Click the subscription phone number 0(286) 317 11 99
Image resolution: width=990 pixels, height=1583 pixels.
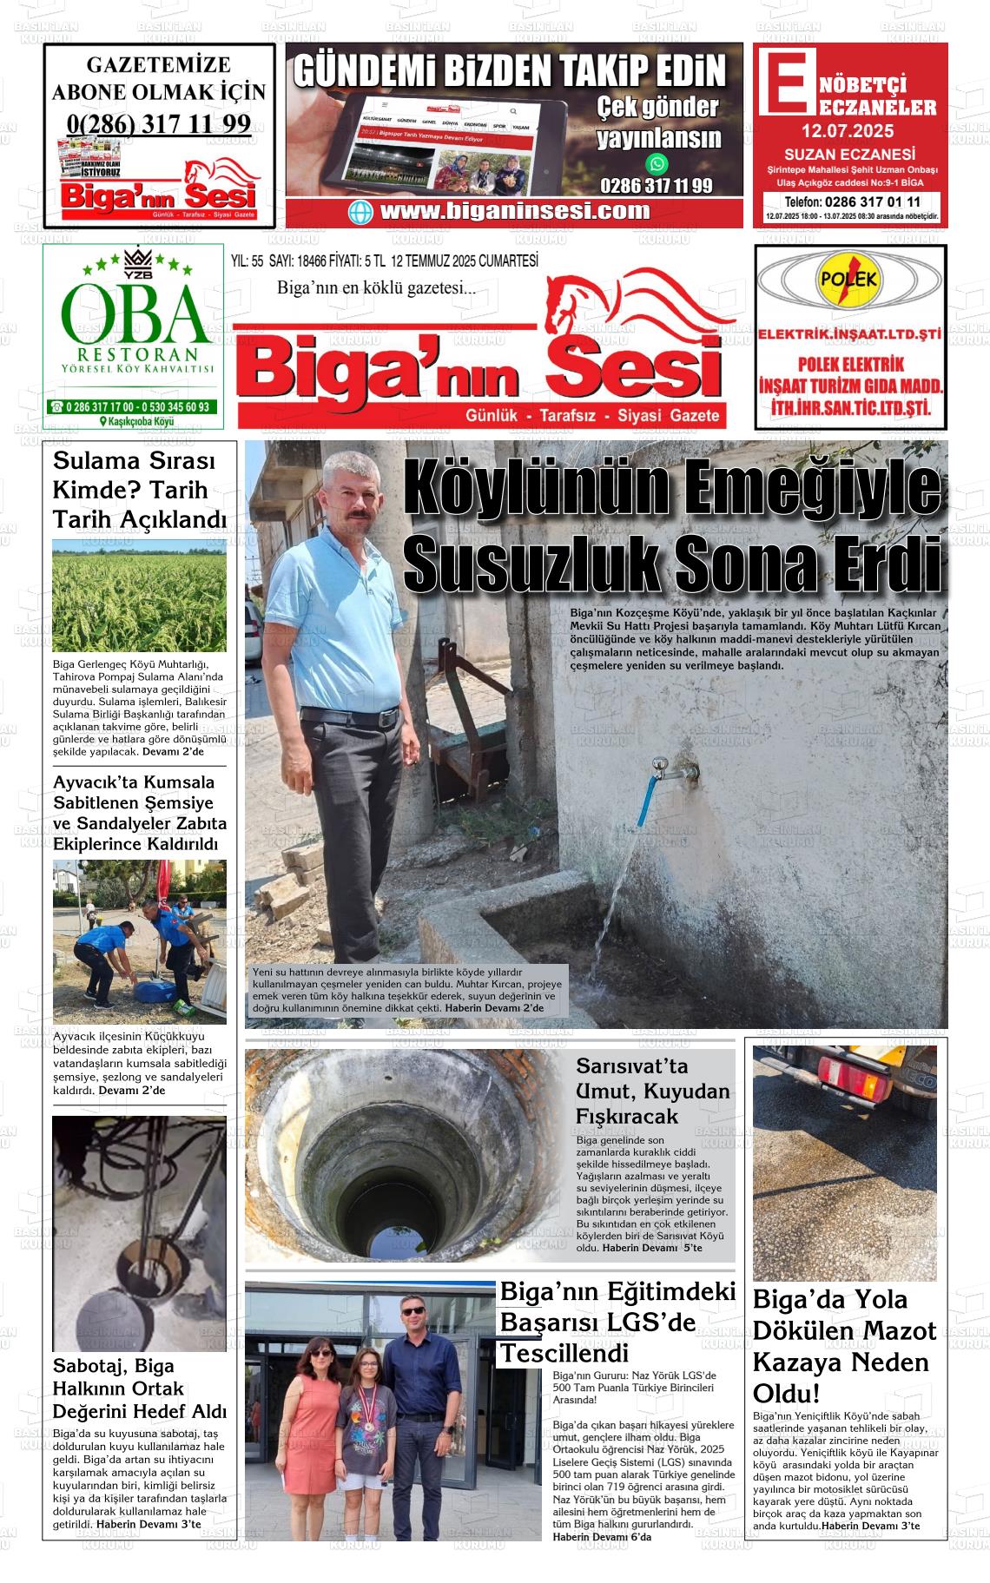[x=158, y=124]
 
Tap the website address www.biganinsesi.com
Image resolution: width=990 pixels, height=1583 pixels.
[x=514, y=211]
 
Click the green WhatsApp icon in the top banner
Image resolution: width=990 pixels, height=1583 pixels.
[x=657, y=163]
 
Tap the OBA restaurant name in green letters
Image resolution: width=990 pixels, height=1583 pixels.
[x=134, y=315]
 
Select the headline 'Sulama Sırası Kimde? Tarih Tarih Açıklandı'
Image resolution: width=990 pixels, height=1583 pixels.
[x=139, y=490]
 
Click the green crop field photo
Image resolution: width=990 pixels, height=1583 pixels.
[x=139, y=595]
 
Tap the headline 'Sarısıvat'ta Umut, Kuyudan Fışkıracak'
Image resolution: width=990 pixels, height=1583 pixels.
[x=652, y=1091]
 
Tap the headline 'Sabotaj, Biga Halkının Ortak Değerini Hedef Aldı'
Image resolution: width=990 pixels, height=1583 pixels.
[x=139, y=1388]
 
